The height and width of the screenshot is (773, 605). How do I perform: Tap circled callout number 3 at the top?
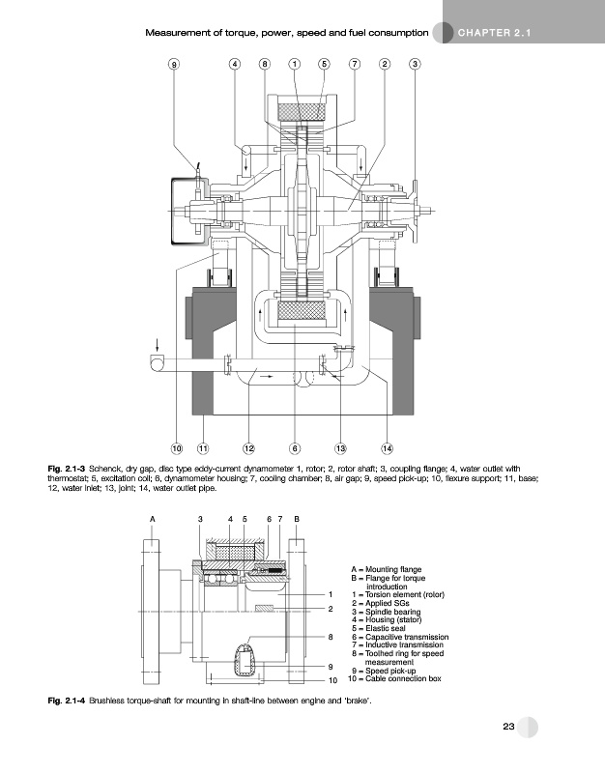pos(416,64)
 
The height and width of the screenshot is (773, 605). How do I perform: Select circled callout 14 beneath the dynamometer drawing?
pos(387,448)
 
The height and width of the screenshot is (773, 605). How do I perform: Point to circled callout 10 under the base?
pos(177,448)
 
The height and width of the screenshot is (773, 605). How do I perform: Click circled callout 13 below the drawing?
pos(341,448)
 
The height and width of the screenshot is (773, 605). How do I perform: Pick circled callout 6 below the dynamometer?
pos(295,448)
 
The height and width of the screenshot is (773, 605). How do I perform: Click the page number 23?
pos(509,727)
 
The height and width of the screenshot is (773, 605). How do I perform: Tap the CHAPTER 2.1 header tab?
pos(495,33)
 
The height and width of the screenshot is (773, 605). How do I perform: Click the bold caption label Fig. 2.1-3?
pos(67,469)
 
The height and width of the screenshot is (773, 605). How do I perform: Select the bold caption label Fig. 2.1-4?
pos(67,701)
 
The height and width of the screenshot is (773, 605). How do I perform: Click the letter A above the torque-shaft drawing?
pos(153,519)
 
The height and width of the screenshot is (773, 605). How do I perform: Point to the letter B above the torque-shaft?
pos(297,519)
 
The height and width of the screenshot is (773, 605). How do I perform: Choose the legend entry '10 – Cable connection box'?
pos(394,679)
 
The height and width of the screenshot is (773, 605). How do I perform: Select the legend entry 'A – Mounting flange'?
pos(387,569)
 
